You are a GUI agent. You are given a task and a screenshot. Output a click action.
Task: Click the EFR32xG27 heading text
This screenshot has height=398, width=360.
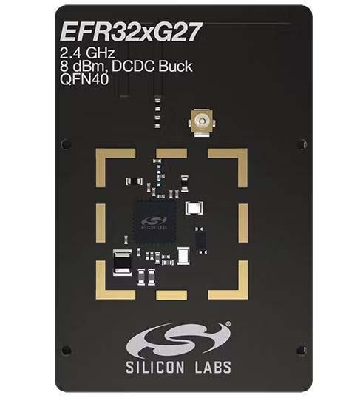(x=131, y=33)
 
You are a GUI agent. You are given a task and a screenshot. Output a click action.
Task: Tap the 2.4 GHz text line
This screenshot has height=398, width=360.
(x=87, y=53)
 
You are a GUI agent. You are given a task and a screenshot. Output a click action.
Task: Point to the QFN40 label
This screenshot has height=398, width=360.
(x=84, y=80)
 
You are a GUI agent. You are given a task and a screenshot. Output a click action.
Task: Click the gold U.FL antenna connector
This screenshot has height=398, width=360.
(x=202, y=123)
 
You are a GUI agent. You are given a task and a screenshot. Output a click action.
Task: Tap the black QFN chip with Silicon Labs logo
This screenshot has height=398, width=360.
(x=155, y=223)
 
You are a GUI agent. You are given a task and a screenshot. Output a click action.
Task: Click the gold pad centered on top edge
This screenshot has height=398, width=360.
(x=171, y=153)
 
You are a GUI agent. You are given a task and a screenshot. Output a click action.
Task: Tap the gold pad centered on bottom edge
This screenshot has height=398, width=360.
(x=171, y=294)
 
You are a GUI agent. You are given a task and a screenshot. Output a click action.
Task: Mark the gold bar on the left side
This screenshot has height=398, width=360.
(x=101, y=223)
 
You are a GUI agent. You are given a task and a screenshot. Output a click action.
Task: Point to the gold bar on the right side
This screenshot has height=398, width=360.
(x=243, y=223)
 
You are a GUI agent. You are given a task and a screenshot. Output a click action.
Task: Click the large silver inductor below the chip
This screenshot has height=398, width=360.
(x=122, y=263)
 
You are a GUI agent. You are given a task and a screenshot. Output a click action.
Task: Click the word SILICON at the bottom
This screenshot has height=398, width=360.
(x=155, y=367)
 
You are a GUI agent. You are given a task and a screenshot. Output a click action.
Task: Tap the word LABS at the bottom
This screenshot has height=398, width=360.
(x=213, y=367)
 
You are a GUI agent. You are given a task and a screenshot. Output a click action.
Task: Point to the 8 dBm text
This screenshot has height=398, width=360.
(x=83, y=67)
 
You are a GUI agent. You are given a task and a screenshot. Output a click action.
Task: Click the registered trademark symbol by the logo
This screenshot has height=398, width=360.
(x=228, y=323)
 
